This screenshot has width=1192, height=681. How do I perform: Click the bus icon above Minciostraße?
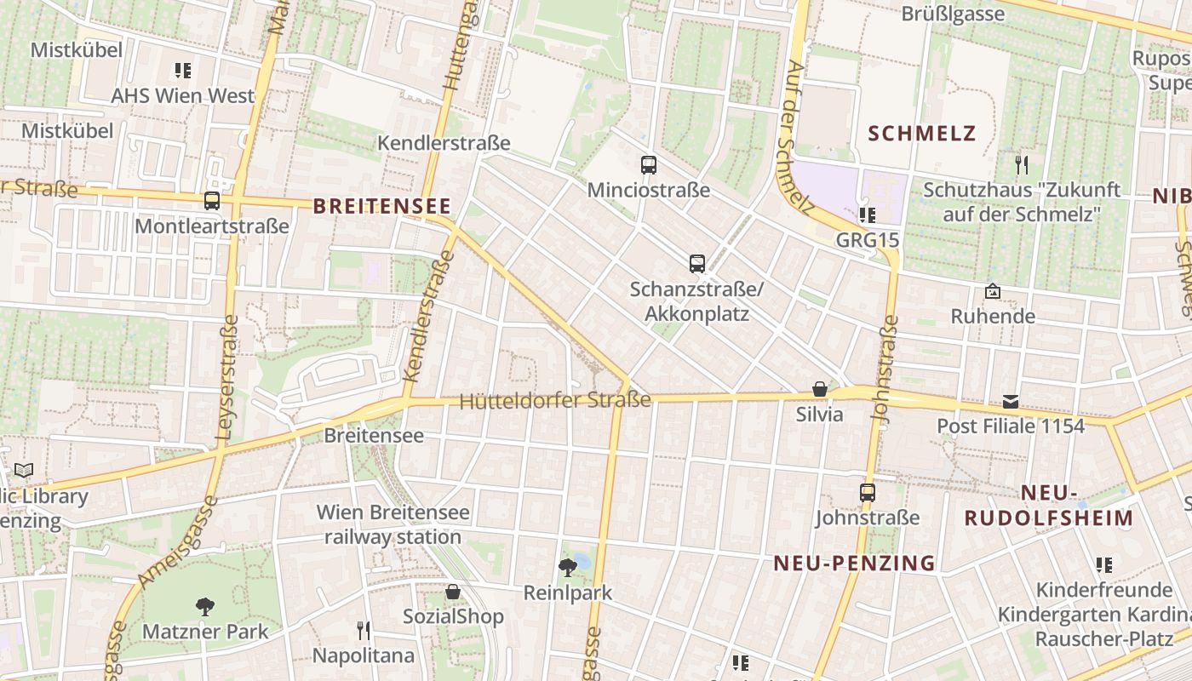click(649, 165)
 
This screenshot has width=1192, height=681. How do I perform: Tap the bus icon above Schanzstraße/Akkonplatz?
click(697, 264)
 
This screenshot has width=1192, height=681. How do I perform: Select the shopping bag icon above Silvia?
click(819, 390)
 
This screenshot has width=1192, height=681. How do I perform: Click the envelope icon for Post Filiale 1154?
click(1011, 401)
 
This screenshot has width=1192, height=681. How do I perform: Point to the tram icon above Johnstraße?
click(868, 493)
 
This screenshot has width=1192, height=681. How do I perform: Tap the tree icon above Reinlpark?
click(567, 568)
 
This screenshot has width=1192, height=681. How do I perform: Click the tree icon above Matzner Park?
click(205, 607)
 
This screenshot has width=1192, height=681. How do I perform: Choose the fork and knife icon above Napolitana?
click(364, 631)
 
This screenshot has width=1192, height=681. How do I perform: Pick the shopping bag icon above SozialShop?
click(453, 592)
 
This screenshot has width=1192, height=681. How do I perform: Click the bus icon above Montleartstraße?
click(212, 202)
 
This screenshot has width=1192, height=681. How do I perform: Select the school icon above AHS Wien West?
click(183, 71)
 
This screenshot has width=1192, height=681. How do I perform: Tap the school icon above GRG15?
click(868, 215)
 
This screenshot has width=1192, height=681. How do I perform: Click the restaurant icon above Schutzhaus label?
click(1022, 164)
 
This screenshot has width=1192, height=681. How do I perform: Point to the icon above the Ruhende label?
click(993, 292)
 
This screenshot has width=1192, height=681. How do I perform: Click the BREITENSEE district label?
click(381, 206)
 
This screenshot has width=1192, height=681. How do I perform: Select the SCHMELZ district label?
click(922, 134)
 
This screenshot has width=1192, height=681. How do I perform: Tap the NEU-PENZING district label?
click(854, 563)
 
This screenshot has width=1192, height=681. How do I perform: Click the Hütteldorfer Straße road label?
click(555, 401)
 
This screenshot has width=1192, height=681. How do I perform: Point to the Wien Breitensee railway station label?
click(393, 524)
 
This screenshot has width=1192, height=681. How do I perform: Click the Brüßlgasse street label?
click(953, 14)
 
